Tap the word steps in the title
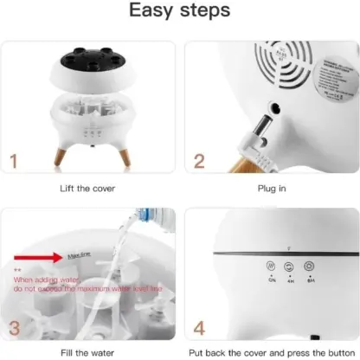204,13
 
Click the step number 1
14,161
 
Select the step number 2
200,161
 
